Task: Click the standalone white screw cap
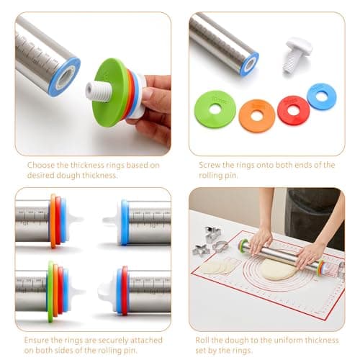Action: [297, 55]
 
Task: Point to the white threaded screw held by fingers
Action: [99, 91]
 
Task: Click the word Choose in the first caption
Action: [41, 165]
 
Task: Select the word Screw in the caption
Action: [210, 165]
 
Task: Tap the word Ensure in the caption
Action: [37, 340]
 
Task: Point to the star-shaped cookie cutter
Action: [201, 251]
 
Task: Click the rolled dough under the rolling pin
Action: [279, 269]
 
